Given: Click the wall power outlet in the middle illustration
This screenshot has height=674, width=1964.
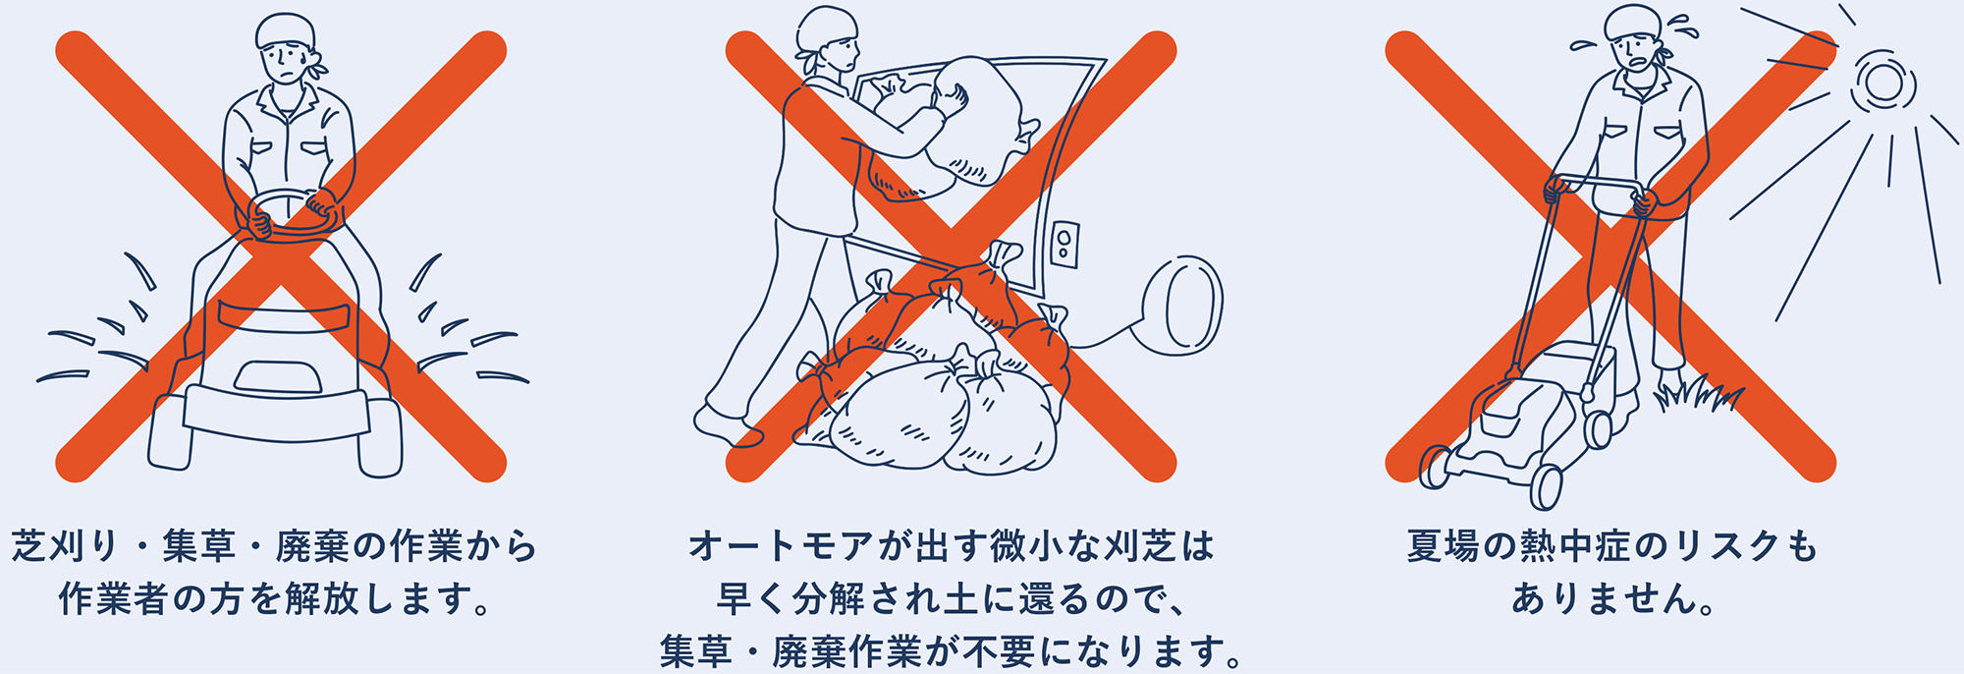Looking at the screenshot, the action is [x=1064, y=243].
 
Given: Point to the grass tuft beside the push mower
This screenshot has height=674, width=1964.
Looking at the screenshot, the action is [x=1698, y=394].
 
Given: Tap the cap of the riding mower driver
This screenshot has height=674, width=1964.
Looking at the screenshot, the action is [x=285, y=31].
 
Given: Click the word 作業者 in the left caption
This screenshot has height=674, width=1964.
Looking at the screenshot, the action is [x=114, y=598].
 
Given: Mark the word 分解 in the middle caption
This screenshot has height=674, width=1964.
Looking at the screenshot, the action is [x=830, y=598].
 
